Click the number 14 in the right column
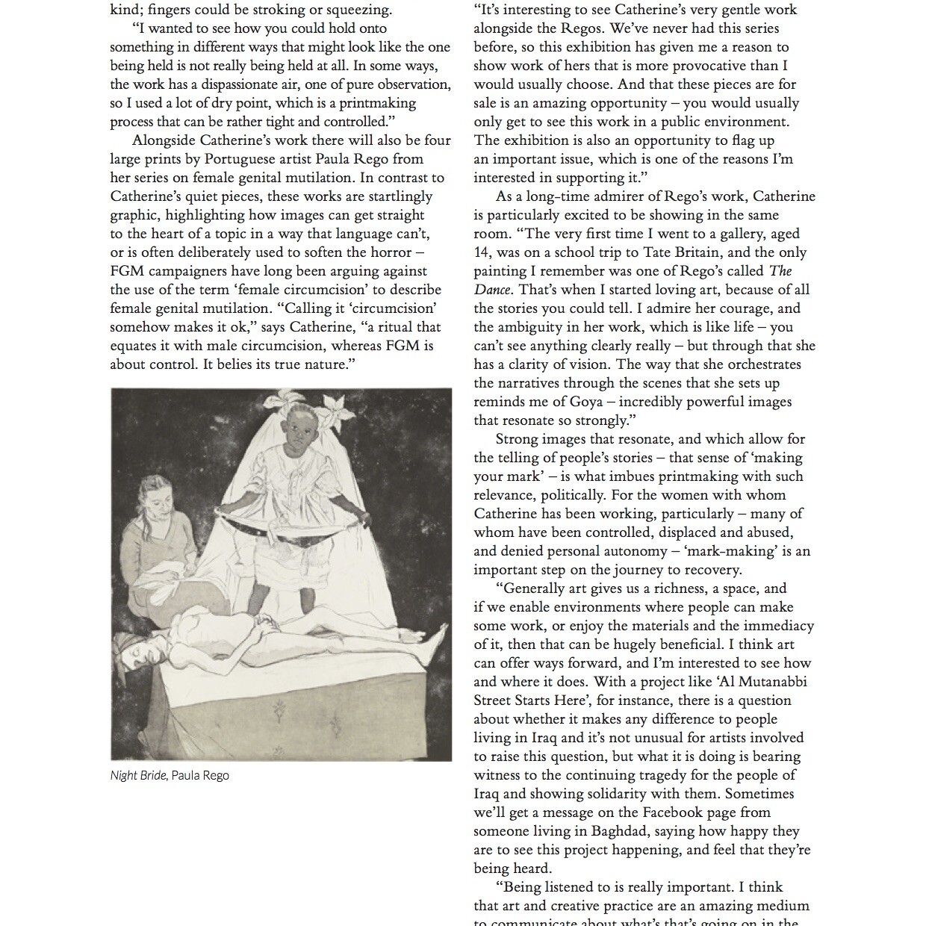tap(482, 252)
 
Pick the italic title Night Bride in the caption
tap(138, 775)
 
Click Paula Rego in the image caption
tap(200, 775)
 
